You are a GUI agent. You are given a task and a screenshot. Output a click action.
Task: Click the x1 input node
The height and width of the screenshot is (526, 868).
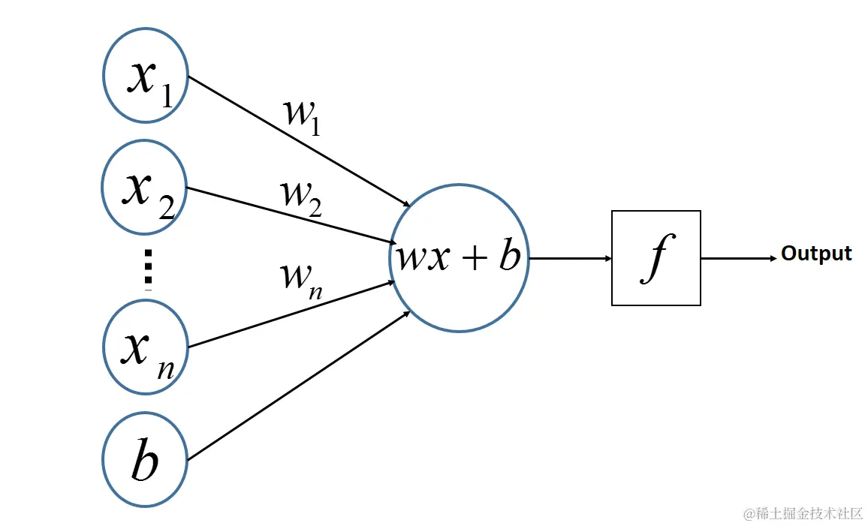pos(146,75)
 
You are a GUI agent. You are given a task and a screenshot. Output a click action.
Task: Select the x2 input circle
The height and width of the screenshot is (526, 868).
pos(144,187)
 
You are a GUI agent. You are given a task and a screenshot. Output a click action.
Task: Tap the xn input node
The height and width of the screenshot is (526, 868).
pos(146,347)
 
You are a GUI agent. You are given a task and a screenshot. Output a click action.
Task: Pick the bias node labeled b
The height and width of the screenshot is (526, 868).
pos(145,459)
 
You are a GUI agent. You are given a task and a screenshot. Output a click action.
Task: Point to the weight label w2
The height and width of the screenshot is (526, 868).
pos(301,198)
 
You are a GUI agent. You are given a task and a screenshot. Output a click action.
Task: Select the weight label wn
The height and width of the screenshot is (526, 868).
pos(301,281)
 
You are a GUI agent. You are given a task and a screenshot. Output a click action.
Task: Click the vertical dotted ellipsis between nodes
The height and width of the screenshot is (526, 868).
pos(148,269)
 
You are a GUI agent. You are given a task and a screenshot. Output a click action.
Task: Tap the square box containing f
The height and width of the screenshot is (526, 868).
pos(656,257)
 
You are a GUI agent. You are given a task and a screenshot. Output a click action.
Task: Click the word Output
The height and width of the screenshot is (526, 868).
pos(816,254)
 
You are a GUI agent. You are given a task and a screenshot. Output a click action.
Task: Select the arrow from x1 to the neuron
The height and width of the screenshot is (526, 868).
pos(299,141)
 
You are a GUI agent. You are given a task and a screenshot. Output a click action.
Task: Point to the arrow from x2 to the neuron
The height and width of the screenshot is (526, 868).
pos(291,215)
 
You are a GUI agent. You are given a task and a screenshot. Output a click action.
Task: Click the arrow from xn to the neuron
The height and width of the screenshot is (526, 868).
pos(291,314)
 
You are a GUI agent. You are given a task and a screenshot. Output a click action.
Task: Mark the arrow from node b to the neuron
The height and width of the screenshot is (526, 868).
pos(298,386)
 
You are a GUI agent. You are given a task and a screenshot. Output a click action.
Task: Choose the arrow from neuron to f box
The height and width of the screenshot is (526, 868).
pos(570,258)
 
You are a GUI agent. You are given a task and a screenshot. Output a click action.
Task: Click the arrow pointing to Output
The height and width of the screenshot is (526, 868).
pos(739,258)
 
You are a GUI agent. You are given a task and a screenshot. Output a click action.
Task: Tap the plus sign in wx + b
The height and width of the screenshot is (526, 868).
pos(475,258)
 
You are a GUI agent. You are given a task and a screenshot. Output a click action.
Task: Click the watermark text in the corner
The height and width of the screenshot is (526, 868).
pos(802,514)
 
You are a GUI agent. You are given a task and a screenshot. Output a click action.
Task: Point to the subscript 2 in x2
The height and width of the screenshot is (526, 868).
pos(167,208)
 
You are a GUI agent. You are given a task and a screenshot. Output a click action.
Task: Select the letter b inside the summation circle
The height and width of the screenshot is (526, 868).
pos(510,256)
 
